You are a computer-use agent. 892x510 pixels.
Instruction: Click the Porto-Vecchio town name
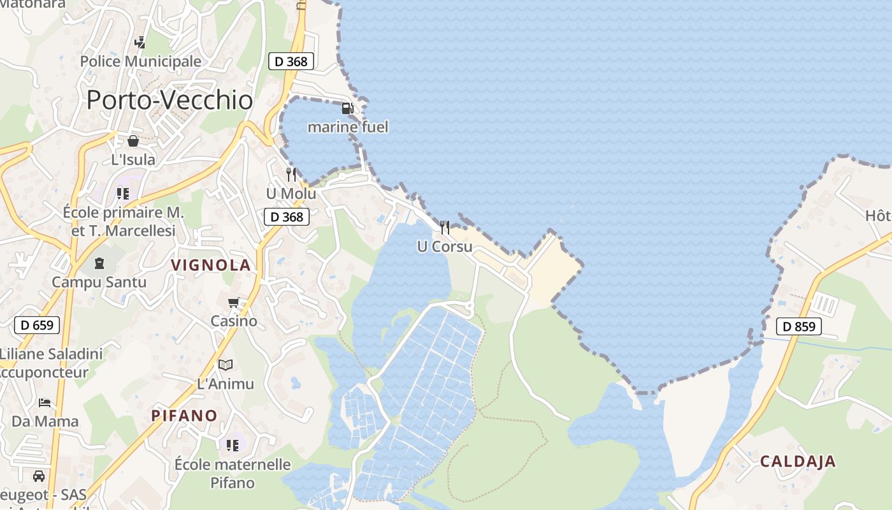[x=169, y=100]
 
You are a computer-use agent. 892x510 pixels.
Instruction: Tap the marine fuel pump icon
[x=347, y=108]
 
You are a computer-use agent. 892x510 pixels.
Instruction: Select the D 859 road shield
[x=799, y=327]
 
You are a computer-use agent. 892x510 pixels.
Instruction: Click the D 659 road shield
[x=37, y=325]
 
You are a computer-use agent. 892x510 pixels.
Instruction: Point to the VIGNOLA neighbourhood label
[x=211, y=265]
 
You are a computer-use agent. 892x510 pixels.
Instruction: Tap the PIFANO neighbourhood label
[x=184, y=416]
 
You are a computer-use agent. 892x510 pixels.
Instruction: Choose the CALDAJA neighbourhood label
[x=797, y=461]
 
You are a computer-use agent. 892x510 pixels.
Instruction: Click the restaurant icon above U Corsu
[x=445, y=227]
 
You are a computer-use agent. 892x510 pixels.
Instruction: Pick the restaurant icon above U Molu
[x=291, y=174]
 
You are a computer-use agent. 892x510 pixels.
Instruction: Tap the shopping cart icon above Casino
[x=234, y=302]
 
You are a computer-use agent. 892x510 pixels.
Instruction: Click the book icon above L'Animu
[x=226, y=365]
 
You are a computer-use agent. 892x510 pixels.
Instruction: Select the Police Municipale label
[x=140, y=62]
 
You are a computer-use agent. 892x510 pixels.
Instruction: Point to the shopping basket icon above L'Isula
[x=133, y=141]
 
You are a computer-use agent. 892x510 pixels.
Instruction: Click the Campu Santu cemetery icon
[x=99, y=263]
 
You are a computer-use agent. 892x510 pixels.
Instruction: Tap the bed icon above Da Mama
[x=45, y=402]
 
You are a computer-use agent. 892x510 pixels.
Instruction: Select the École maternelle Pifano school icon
[x=232, y=445]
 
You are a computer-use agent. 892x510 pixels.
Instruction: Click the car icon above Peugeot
[x=39, y=476]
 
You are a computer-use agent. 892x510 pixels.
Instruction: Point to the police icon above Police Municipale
[x=140, y=43]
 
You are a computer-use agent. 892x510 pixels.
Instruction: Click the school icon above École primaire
[x=122, y=193]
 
